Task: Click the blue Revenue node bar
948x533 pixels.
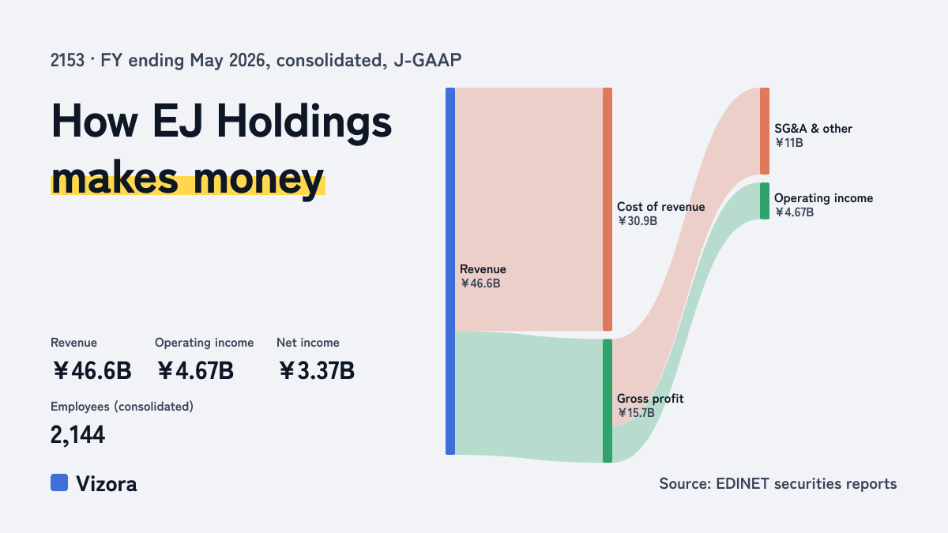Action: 450,271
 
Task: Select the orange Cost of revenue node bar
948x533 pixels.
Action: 608,209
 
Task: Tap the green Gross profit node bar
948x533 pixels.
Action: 608,400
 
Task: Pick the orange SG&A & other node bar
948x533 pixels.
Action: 765,131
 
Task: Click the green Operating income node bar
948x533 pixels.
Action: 765,201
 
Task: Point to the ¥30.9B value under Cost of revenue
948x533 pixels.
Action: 638,221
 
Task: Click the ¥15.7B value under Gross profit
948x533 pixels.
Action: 636,412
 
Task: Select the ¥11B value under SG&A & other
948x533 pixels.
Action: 789,143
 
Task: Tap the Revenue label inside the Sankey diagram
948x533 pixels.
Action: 483,269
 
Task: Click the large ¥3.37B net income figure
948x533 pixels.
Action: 317,370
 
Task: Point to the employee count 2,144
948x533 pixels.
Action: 77,435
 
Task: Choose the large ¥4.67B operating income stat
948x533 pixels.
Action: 195,370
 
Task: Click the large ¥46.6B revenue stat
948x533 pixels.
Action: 92,370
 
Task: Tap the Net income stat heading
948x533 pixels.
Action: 307,342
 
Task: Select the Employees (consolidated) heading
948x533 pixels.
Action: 122,407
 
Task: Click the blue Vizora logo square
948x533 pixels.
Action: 59,482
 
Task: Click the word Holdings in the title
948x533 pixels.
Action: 304,122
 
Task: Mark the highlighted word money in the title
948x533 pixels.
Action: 258,179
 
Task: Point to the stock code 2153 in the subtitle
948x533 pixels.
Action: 67,60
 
